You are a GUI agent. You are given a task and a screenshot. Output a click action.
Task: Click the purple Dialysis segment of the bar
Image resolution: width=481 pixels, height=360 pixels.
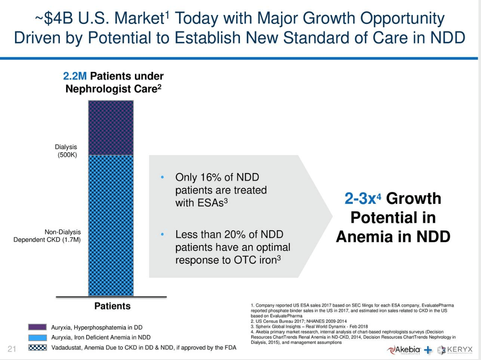[111, 127]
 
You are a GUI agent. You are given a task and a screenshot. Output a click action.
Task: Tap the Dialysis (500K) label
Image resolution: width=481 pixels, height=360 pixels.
[67, 151]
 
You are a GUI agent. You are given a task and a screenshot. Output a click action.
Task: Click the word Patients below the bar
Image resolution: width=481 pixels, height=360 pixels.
[112, 306]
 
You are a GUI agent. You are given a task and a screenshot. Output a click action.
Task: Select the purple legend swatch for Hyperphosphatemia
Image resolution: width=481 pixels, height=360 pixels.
[37, 328]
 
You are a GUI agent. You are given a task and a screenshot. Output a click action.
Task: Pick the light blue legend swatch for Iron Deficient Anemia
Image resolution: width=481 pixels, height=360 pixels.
[37, 337]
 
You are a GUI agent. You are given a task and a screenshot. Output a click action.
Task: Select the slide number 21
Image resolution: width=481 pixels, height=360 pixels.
[13, 349]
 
